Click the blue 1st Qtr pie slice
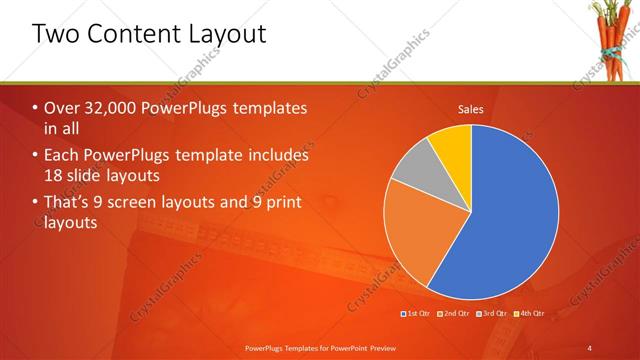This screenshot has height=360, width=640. pyautogui.click(x=510, y=220)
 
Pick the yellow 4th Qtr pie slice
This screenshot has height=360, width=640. pyautogui.click(x=454, y=145)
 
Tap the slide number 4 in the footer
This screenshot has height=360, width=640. pyautogui.click(x=589, y=346)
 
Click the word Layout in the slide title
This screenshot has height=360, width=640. pyautogui.click(x=226, y=35)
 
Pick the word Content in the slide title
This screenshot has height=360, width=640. pyautogui.click(x=133, y=35)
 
